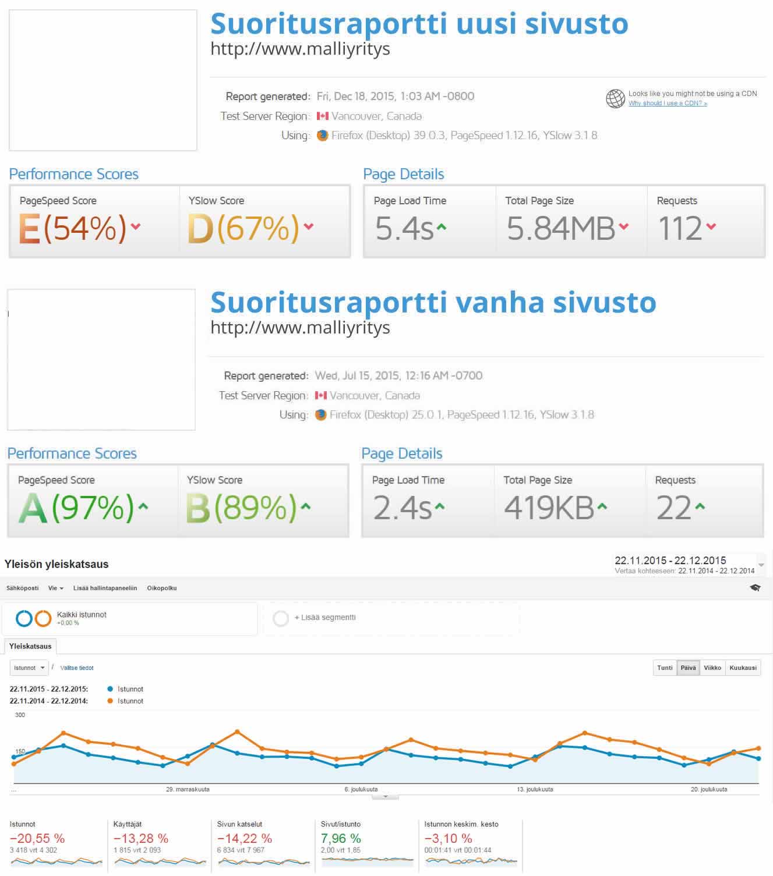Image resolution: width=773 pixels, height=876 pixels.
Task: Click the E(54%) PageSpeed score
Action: [x=72, y=228]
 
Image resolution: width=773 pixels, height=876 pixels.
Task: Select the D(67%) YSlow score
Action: [x=243, y=228]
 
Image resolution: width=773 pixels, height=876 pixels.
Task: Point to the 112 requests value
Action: [x=680, y=228]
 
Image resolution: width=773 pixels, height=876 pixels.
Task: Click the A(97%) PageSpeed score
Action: [x=76, y=507]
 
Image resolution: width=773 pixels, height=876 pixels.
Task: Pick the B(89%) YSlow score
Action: [x=242, y=507]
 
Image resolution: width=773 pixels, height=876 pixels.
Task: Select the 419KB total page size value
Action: [x=549, y=507]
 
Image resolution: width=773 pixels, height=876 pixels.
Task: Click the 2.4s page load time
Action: [x=403, y=507]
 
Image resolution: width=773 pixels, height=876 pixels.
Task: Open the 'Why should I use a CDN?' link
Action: [x=668, y=103]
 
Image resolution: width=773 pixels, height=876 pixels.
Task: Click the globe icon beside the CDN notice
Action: [x=615, y=98]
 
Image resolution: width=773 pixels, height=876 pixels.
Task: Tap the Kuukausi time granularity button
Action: [x=743, y=668]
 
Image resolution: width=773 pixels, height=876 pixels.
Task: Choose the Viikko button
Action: [x=712, y=668]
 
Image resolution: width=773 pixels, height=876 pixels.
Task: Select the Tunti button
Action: [x=665, y=668]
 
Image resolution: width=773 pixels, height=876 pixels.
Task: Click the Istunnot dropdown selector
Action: [x=29, y=668]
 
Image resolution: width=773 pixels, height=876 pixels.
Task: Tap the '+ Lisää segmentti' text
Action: [x=325, y=618]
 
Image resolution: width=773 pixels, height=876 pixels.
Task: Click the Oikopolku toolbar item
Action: [x=161, y=588]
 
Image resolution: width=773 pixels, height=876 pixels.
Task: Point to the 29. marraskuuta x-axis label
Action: [x=188, y=789]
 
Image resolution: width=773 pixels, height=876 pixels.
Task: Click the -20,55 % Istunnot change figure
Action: [x=37, y=838]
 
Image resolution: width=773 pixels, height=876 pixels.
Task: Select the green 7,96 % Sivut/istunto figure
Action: [x=341, y=838]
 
